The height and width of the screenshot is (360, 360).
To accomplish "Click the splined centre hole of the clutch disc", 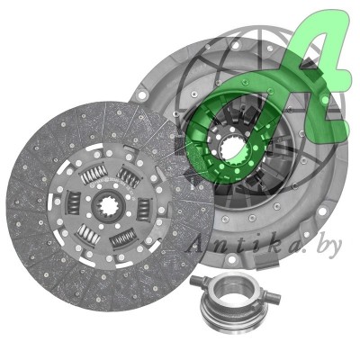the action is (109, 206).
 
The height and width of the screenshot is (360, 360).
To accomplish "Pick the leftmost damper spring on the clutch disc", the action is (73, 203).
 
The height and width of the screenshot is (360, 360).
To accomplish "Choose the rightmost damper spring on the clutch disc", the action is (143, 209).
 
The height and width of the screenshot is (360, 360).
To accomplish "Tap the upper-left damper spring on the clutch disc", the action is (94, 175).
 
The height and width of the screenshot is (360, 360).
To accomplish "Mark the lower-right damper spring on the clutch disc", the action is (123, 238).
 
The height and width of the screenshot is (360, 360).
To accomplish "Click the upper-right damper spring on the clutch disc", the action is (129, 177).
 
